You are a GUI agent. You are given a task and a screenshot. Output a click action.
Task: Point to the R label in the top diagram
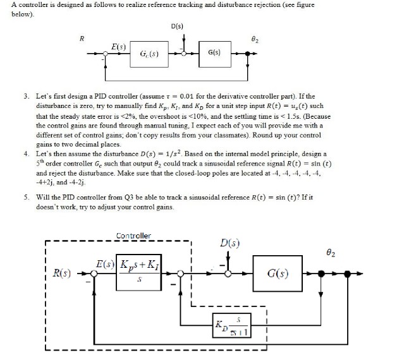click(x=81, y=39)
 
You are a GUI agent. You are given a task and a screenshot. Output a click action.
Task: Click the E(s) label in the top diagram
click(x=118, y=47)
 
